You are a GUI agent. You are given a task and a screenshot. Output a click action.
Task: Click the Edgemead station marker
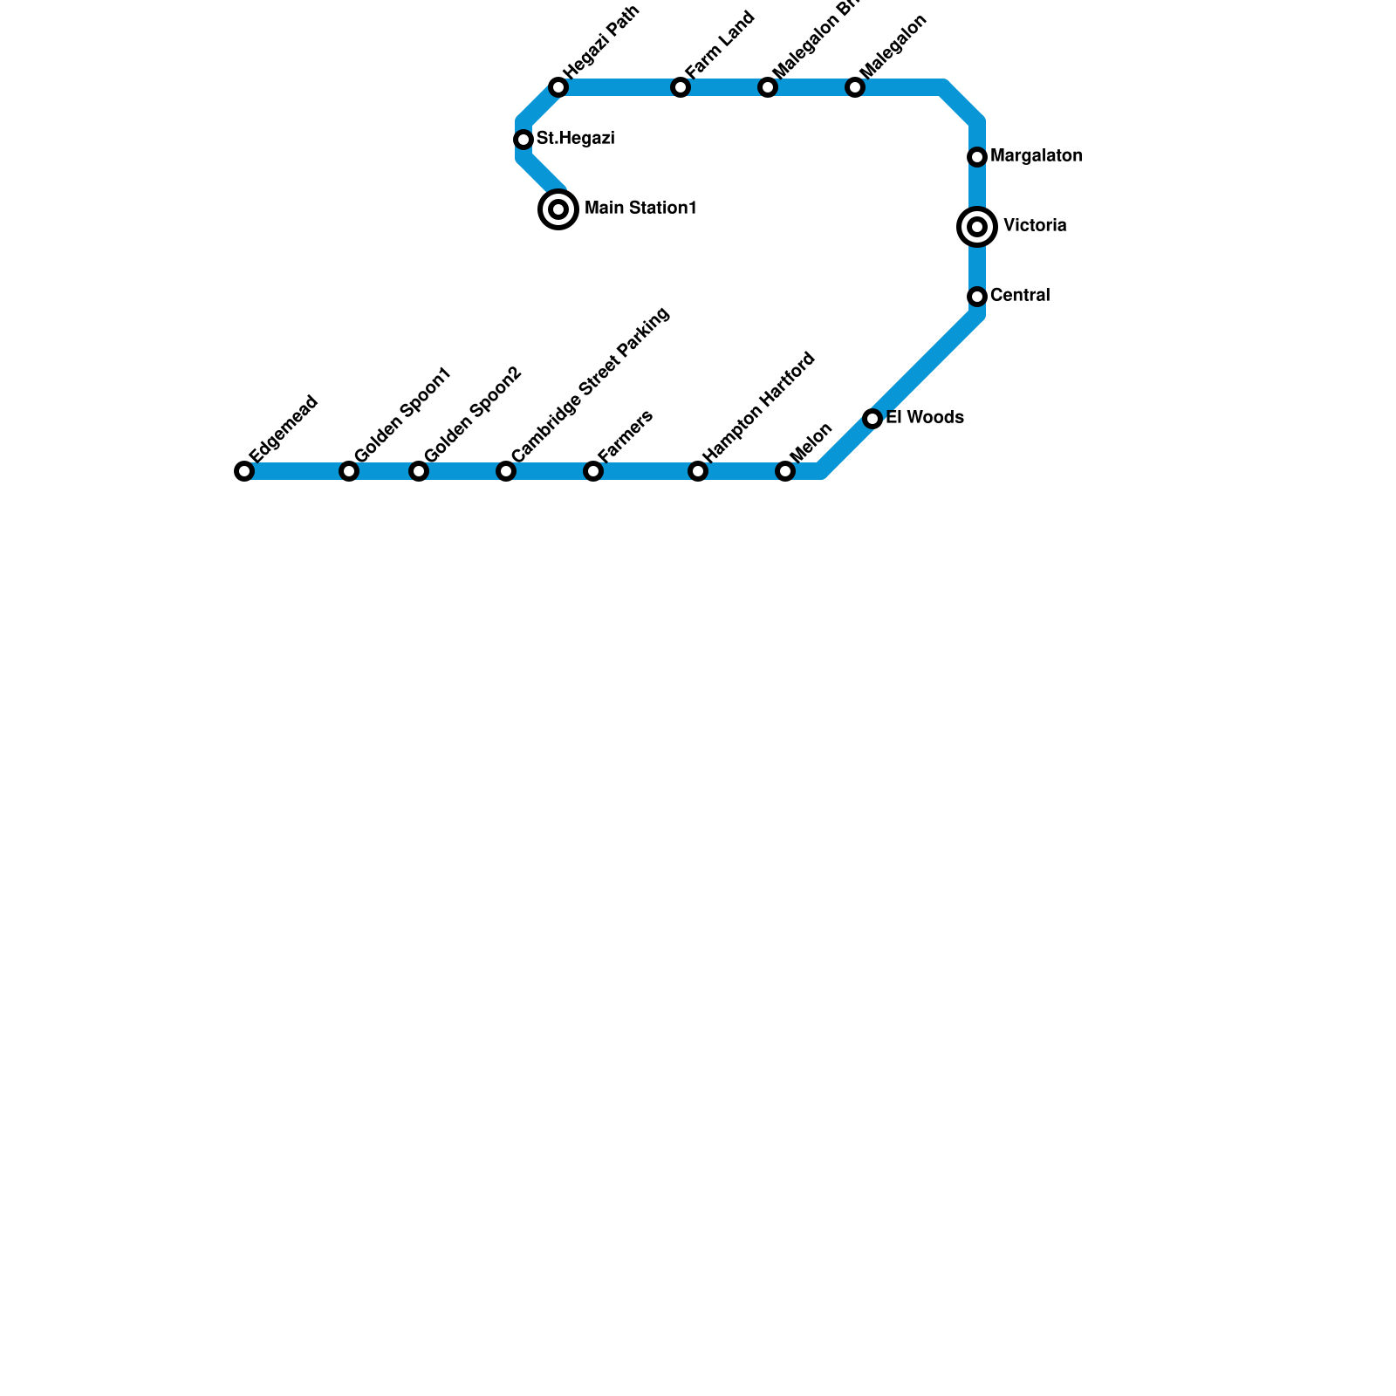pos(244,471)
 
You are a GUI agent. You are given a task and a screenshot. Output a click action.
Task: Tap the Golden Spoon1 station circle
pos(349,471)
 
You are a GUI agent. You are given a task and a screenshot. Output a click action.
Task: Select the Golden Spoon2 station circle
pos(419,471)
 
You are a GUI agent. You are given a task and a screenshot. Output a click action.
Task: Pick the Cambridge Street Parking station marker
pos(506,471)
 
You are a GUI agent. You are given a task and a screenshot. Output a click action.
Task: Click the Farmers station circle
pos(593,471)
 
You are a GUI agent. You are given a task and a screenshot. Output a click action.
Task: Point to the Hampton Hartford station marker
pos(698,471)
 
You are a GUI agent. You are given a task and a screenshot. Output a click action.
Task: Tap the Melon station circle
pos(785,471)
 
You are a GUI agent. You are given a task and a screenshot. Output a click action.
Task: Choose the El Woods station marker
pos(872,419)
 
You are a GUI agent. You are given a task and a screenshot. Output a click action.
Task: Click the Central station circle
pos(977,297)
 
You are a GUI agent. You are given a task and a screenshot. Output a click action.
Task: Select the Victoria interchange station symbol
pos(977,227)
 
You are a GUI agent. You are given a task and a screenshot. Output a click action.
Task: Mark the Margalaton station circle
pos(977,157)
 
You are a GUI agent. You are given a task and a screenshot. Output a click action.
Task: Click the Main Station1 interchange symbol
pos(558,209)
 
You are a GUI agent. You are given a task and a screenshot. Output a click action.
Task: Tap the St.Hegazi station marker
pos(523,140)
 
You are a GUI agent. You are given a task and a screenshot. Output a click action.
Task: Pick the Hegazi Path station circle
pos(558,87)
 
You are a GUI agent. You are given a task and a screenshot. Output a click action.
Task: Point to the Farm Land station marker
pos(681,87)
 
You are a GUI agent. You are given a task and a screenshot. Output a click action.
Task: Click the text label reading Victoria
pos(1035,226)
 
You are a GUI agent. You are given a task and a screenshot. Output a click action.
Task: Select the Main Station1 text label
pos(640,209)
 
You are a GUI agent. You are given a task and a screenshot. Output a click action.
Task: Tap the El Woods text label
pos(925,418)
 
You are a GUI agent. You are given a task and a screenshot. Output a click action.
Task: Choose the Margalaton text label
pos(1037,156)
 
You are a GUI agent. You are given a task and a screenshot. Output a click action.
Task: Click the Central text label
pos(1020,296)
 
